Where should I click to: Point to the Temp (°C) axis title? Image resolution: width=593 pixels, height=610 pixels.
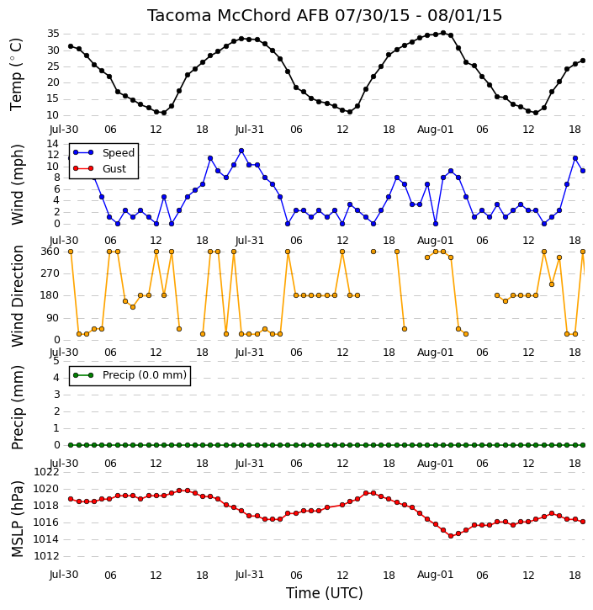tap(16, 74)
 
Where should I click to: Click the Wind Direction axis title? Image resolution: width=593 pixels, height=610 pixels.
tap(18, 296)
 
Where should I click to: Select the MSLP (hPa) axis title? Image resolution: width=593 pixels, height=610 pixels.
tap(18, 519)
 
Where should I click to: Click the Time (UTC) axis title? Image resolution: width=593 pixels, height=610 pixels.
tap(325, 593)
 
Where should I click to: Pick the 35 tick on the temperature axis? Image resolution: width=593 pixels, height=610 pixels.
tap(53, 34)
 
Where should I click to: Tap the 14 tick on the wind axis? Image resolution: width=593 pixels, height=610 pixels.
tap(53, 144)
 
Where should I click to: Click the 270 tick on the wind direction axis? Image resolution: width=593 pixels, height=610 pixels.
tap(50, 273)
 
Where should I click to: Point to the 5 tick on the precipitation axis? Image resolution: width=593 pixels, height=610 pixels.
tap(56, 361)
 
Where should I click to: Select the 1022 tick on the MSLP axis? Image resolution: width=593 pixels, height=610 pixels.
tap(46, 472)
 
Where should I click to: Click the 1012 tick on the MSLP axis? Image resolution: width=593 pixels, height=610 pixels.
tap(46, 556)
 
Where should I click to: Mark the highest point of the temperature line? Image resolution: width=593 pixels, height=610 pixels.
tap(443, 33)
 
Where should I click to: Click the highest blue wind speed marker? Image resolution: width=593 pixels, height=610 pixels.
tap(241, 151)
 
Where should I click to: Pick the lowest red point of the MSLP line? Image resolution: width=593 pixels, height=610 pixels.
tap(451, 536)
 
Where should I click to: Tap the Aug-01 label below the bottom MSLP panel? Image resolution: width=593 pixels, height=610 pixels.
tap(436, 575)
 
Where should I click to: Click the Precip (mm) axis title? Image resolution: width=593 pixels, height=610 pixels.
tap(18, 408)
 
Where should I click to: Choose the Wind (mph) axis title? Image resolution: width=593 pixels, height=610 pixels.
tap(18, 184)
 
